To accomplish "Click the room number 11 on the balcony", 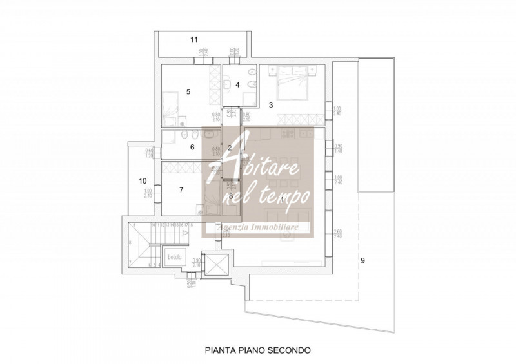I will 193,40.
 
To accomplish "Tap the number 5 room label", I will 188,91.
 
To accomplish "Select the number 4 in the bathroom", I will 237,84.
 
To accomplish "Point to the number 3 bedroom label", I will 271,104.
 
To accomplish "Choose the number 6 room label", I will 192,147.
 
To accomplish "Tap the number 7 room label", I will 181,189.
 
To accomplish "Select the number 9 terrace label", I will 362,260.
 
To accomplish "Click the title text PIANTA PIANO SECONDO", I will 258,350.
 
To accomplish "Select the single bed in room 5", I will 170,105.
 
